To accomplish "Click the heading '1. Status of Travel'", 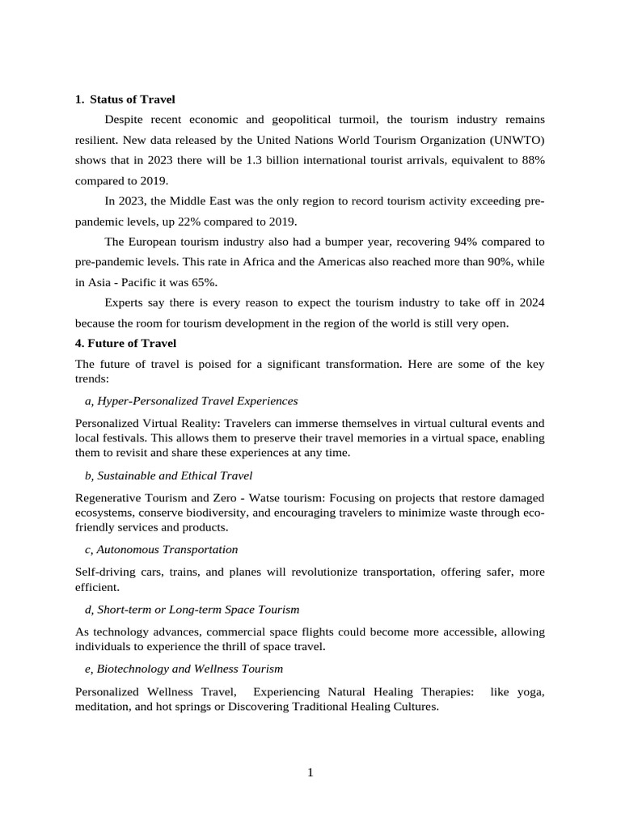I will pyautogui.click(x=125, y=99).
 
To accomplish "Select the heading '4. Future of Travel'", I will pyautogui.click(x=125, y=344).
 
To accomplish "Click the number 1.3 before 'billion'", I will pyautogui.click(x=260, y=160).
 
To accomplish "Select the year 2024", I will pyautogui.click(x=530, y=303).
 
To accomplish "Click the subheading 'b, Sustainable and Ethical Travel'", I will pyautogui.click(x=168, y=475).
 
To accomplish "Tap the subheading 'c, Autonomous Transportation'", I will pyautogui.click(x=161, y=550).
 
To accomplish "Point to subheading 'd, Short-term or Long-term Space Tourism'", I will pyautogui.click(x=192, y=610).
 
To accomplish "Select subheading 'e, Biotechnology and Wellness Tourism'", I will pyautogui.click(x=184, y=670).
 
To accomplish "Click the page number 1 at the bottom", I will pyautogui.click(x=310, y=773).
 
